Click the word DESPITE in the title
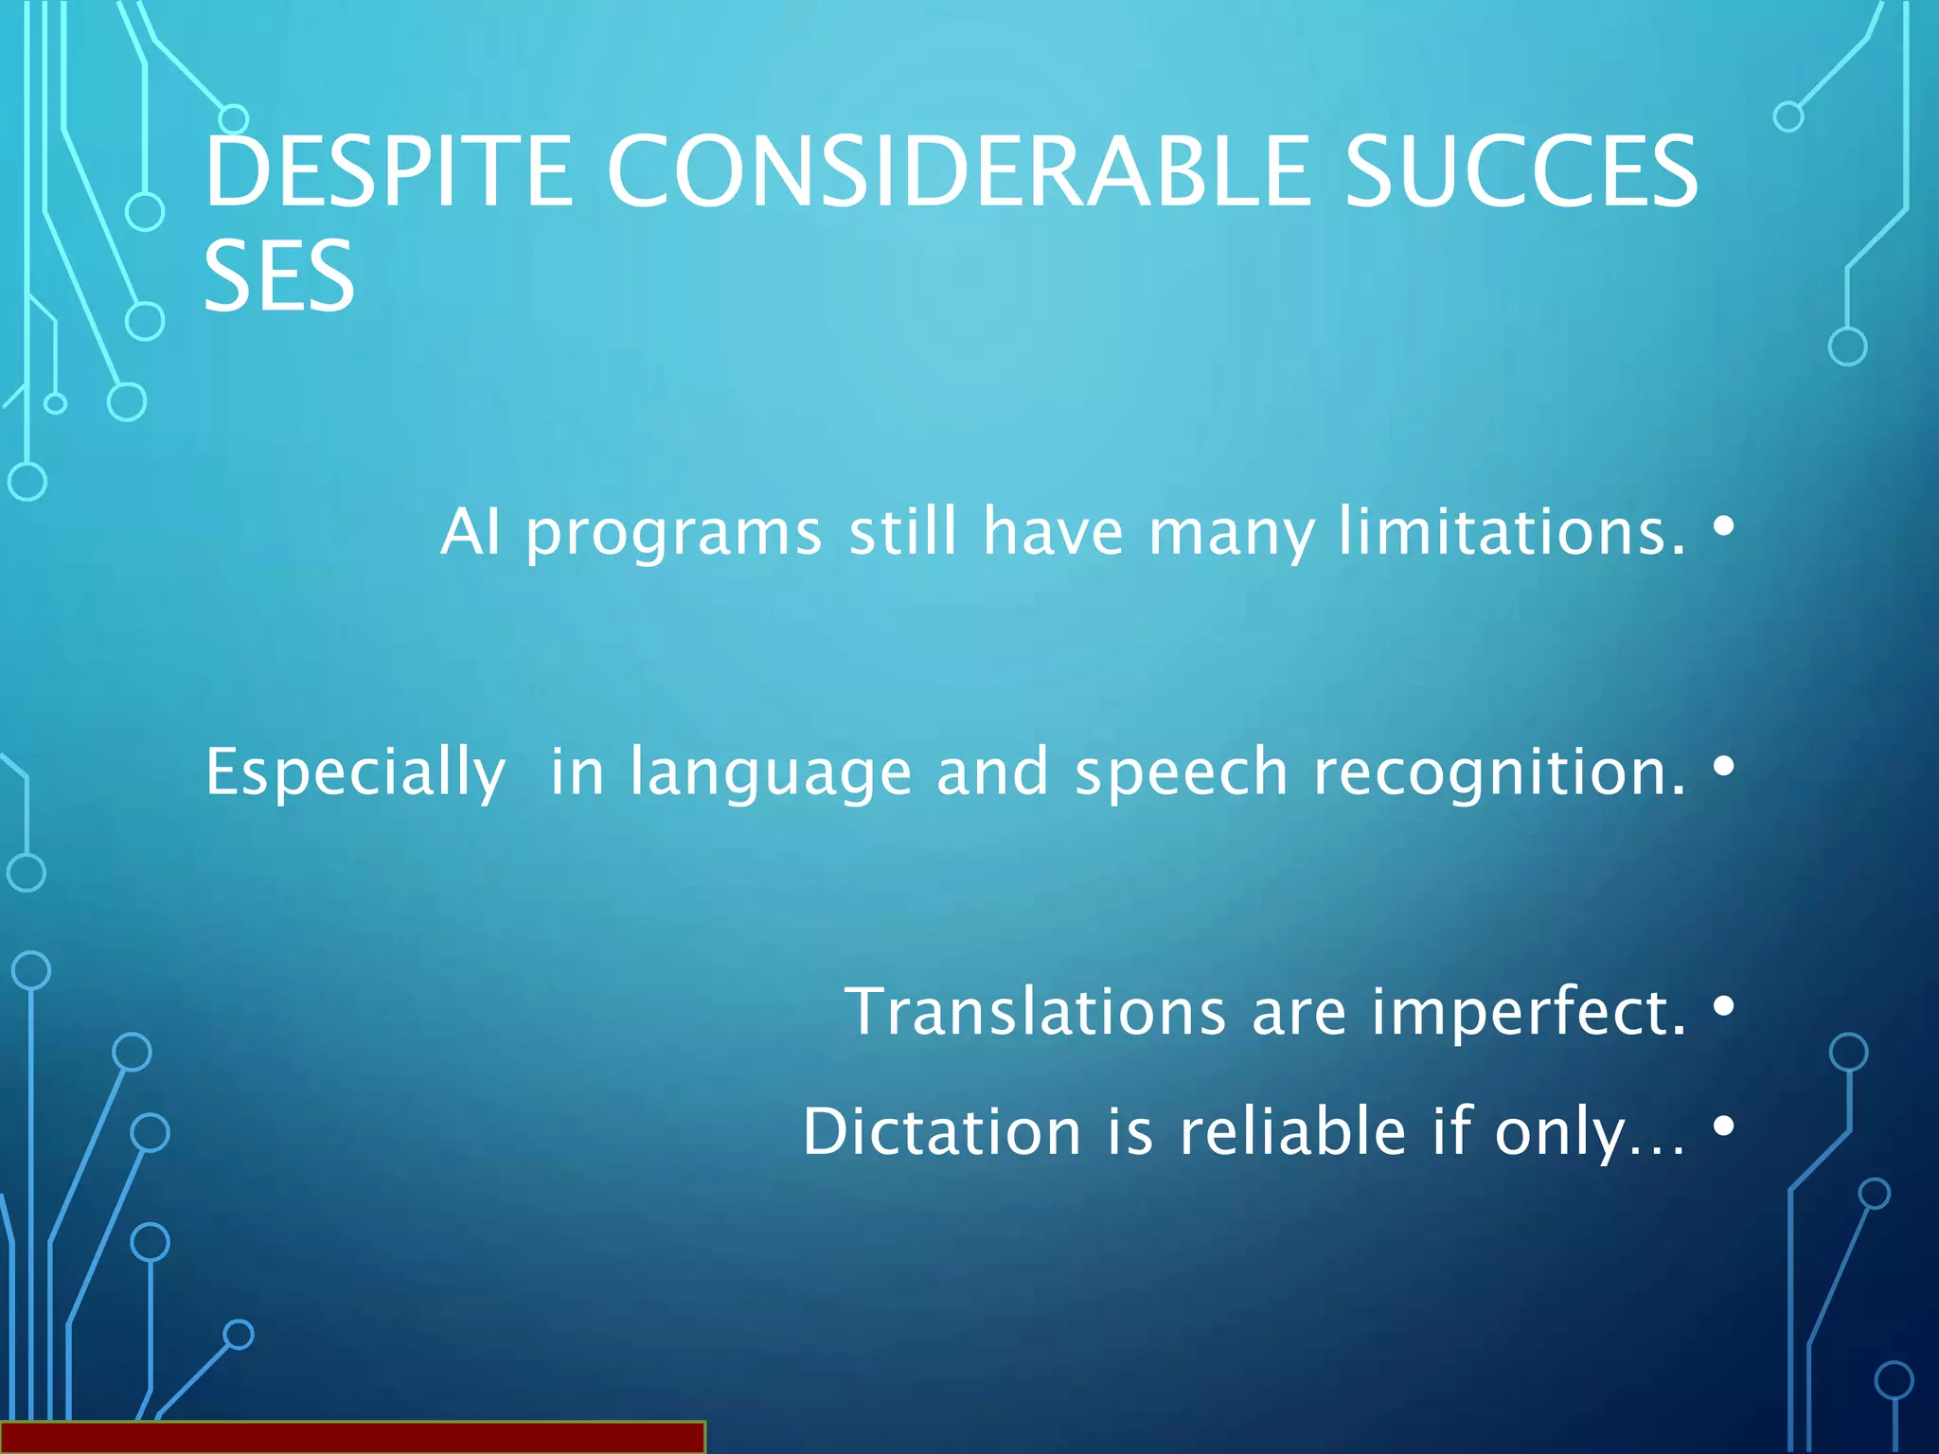(x=388, y=171)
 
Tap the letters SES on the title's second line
(x=279, y=276)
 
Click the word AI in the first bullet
(x=470, y=531)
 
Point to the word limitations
(x=1512, y=531)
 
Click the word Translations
(x=1035, y=1012)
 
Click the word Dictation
(x=942, y=1132)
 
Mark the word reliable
(x=1292, y=1132)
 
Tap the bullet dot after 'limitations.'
(x=1724, y=525)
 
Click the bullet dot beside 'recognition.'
(x=1724, y=765)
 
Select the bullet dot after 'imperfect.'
(x=1724, y=1005)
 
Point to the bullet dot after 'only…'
(x=1724, y=1126)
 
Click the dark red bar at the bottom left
(x=352, y=1437)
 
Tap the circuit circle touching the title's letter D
(x=233, y=119)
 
